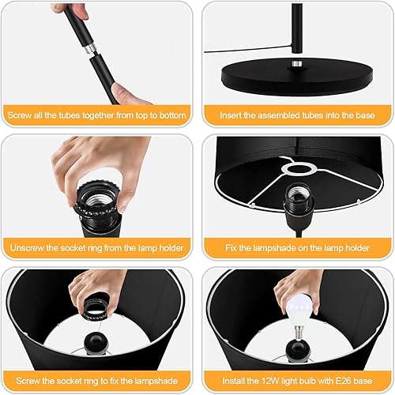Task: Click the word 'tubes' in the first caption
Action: click(64, 116)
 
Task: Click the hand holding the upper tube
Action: click(67, 9)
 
